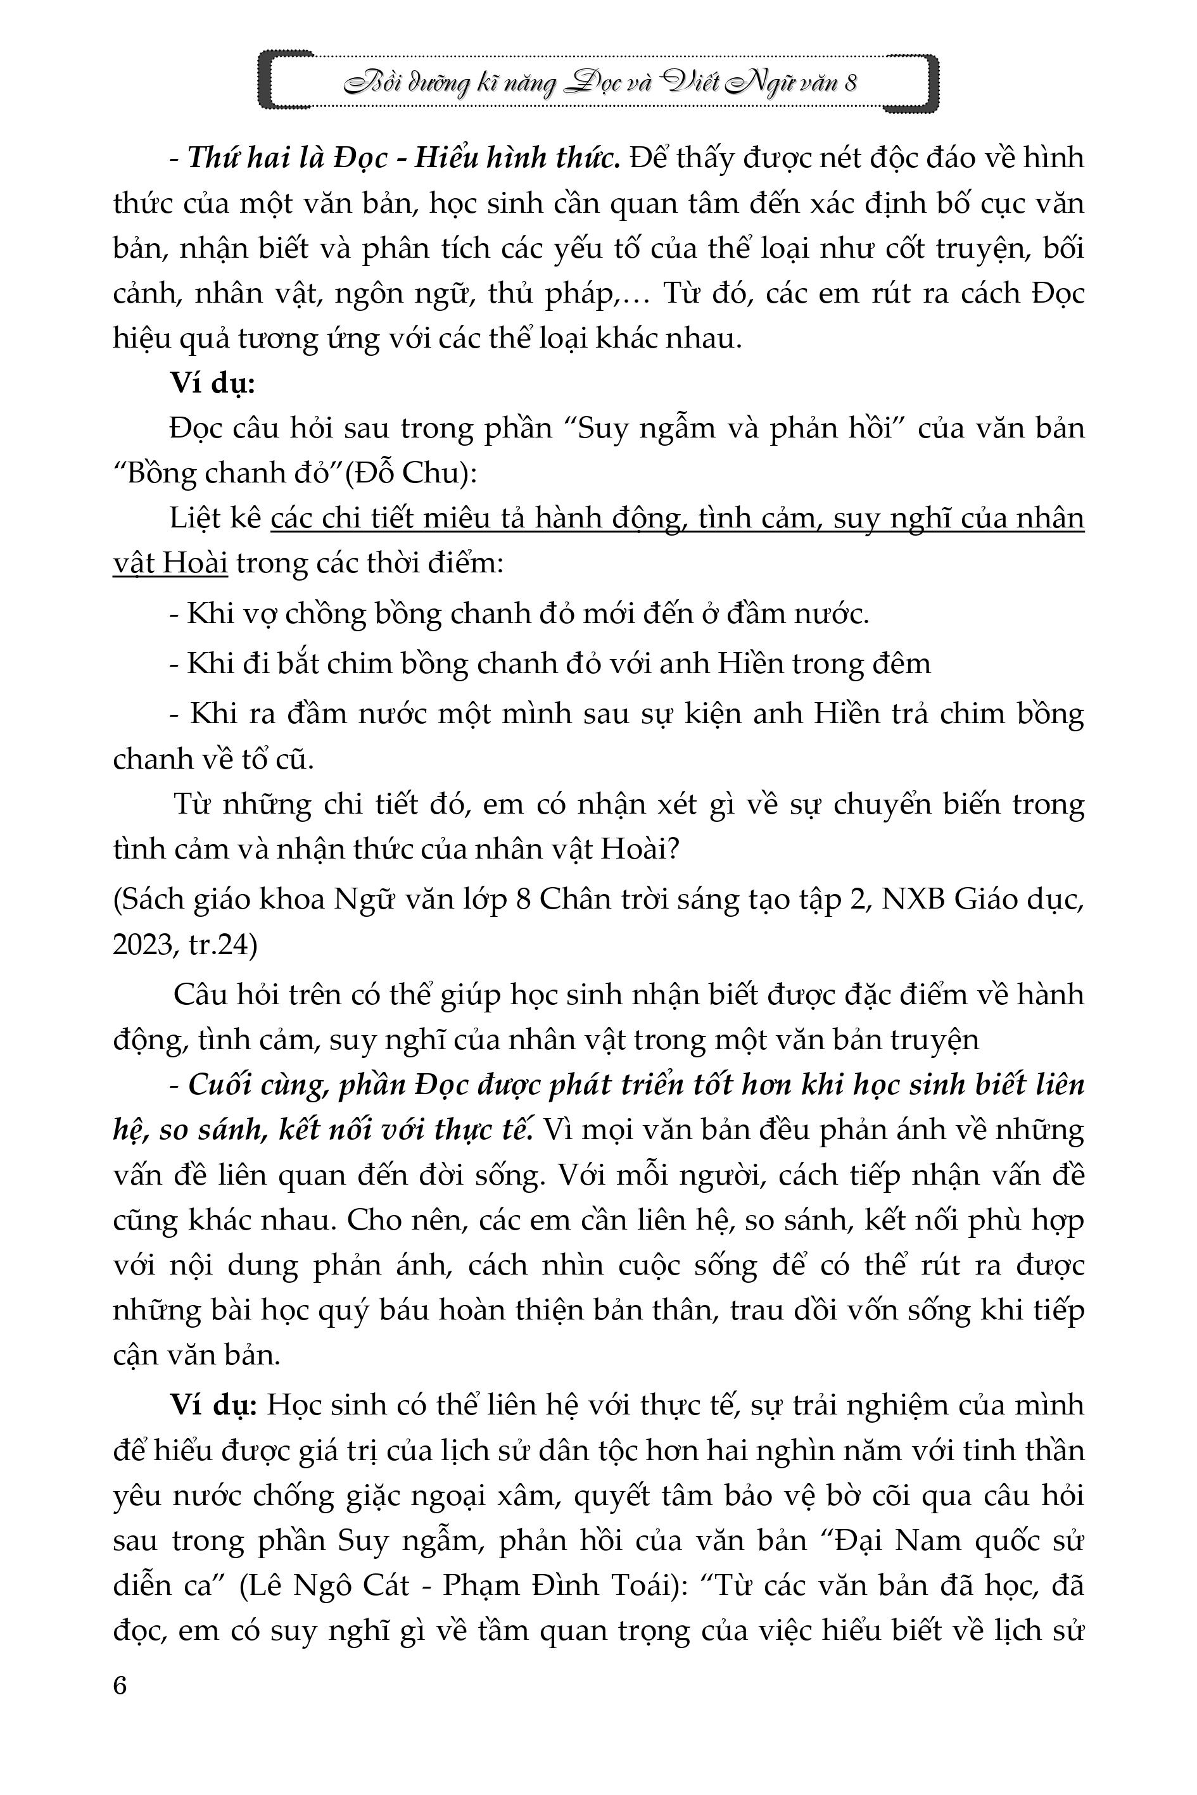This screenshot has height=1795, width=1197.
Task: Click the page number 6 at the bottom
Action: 120,1685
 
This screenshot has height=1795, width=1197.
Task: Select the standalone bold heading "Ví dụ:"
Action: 212,383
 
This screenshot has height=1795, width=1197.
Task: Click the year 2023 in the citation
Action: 142,945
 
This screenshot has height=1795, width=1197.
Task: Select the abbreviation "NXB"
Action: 910,900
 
